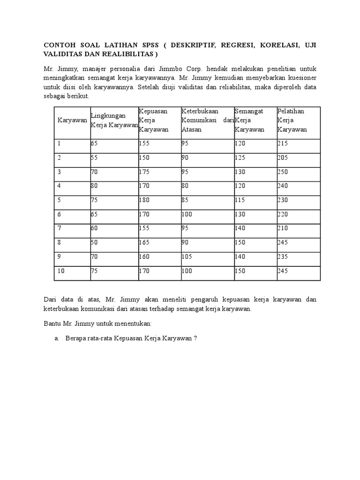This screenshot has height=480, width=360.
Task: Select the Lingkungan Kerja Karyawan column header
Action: (x=114, y=120)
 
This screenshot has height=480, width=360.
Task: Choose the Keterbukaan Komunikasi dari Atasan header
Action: (x=207, y=120)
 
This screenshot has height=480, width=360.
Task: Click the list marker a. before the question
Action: (x=57, y=339)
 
